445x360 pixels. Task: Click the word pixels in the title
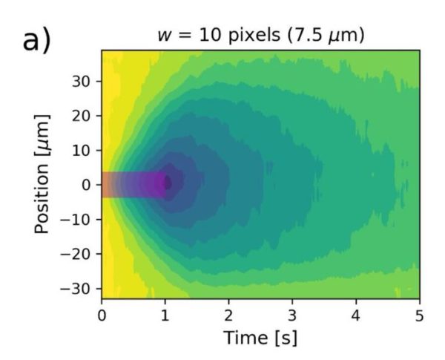pos(243,36)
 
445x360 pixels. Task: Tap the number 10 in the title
pos(200,36)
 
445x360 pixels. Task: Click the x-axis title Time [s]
pos(260,338)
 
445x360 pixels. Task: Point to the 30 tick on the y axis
pos(84,81)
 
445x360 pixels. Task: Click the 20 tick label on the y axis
pos(84,115)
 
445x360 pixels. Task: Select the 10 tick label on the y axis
pos(84,150)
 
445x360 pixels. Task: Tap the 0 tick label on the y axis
pos(88,184)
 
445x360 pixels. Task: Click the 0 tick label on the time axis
pos(102,315)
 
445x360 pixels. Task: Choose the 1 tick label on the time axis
pos(165,315)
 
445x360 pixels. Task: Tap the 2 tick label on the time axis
pos(229,315)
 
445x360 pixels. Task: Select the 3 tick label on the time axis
pos(293,315)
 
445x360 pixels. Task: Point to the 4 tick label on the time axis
pos(357,315)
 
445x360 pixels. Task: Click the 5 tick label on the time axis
pos(420,315)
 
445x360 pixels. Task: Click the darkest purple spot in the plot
pos(168,183)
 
